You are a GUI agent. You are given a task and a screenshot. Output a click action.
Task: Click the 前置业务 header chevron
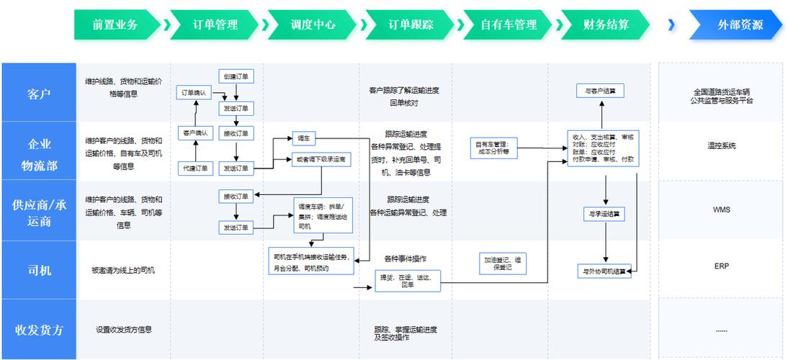point(115,24)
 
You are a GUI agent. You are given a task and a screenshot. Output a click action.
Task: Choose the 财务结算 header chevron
point(606,24)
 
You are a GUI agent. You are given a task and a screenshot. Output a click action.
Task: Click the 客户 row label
point(39,94)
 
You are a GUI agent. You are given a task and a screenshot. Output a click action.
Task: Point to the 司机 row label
point(39,271)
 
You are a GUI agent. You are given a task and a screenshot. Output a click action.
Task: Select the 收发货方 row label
point(39,330)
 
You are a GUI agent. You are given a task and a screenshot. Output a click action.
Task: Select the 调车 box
point(303,138)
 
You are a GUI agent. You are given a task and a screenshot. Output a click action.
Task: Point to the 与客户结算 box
point(599,91)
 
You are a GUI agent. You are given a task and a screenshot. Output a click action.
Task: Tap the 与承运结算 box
point(604,213)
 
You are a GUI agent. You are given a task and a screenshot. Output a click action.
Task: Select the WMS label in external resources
point(721,210)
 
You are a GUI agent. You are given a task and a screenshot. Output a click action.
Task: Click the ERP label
point(721,266)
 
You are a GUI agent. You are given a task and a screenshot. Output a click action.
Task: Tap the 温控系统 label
point(721,146)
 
